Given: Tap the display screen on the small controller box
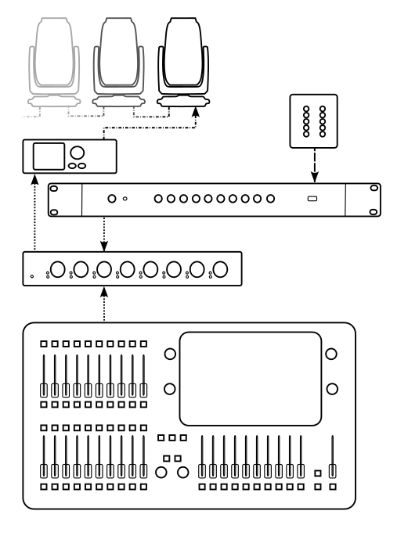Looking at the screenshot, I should click(47, 156).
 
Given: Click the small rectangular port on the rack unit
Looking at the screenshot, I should click(312, 200).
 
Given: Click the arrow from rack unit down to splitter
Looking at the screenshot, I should click(104, 233).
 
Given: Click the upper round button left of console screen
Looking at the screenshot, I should click(169, 354).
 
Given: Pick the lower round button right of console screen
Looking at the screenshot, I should click(332, 388).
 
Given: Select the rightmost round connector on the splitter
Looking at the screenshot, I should click(221, 270).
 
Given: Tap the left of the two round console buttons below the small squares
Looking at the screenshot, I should click(162, 472).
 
